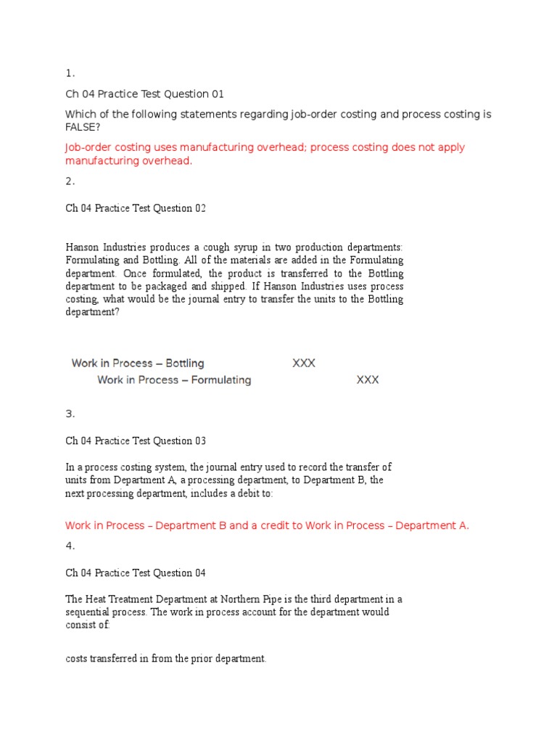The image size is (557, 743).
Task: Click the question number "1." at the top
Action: (70, 73)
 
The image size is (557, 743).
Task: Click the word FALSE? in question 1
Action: (83, 128)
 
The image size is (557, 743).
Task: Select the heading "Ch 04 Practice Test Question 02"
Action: (136, 208)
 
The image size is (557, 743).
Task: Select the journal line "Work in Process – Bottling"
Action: (138, 363)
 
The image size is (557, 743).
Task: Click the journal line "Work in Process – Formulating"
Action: (174, 379)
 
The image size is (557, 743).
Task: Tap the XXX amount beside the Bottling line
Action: (304, 363)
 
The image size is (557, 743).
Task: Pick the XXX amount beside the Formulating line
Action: (368, 379)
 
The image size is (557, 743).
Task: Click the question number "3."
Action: (70, 414)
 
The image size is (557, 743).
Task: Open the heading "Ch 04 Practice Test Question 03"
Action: (136, 440)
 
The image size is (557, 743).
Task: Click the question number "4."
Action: (70, 546)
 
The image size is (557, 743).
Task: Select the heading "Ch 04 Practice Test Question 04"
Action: (136, 572)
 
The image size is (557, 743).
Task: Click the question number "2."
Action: (70, 181)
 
